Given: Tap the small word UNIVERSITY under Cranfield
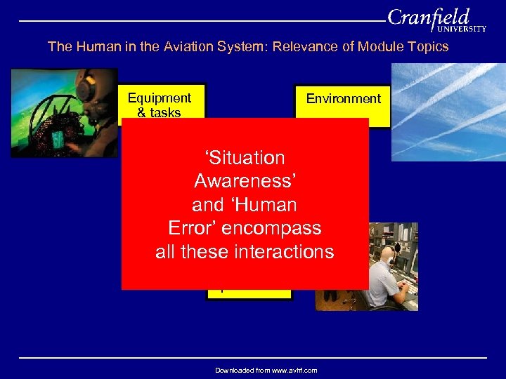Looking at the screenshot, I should click(462, 29).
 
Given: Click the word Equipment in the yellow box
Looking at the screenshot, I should click(160, 98).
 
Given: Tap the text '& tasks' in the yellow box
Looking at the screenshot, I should click(160, 112).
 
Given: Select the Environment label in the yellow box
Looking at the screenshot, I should click(343, 99).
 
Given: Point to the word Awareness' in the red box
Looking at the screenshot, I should click(245, 182).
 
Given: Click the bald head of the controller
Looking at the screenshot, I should click(387, 255).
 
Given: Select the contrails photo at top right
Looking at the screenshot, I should click(448, 112).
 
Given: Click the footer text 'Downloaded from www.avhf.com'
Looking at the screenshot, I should click(266, 370).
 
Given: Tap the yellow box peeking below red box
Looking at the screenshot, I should click(249, 294).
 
